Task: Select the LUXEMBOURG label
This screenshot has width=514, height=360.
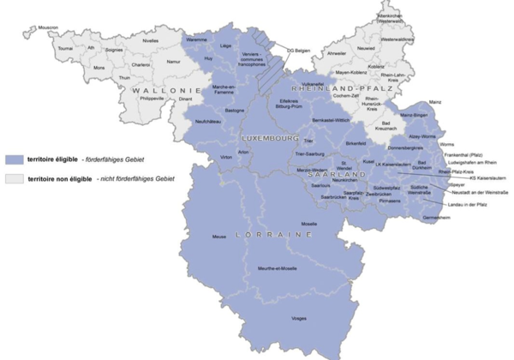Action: click(266, 138)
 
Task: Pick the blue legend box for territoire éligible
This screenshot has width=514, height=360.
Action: click(14, 159)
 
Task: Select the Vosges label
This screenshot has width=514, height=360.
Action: click(299, 318)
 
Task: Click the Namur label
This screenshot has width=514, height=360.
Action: click(175, 63)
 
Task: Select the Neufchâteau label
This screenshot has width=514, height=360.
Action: click(210, 122)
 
